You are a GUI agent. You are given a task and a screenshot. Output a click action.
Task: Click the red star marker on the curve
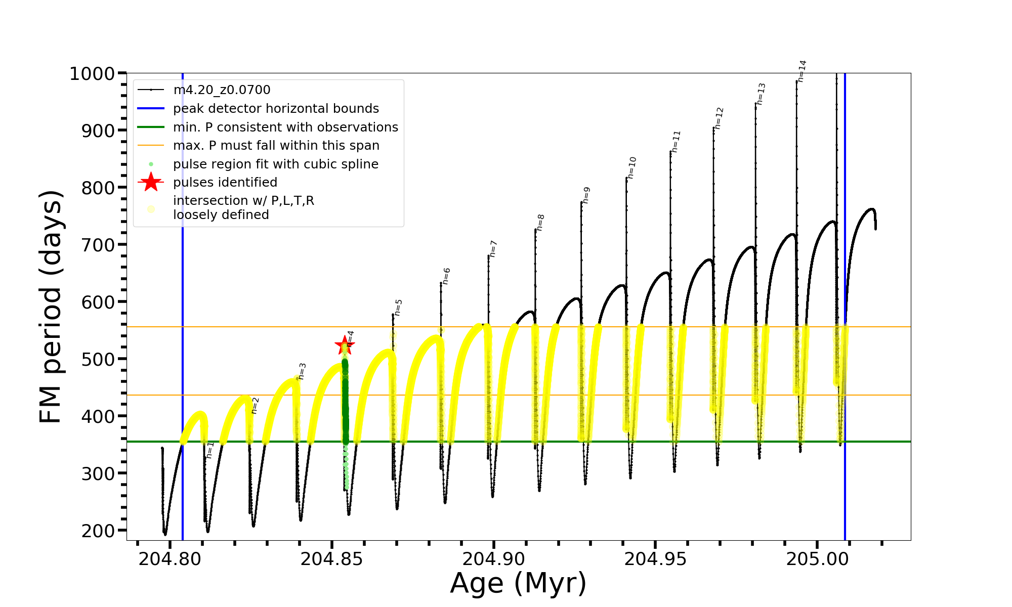(x=345, y=346)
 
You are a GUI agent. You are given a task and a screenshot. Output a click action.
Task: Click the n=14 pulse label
(x=802, y=71)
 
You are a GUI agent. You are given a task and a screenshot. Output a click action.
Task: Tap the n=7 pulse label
(x=493, y=249)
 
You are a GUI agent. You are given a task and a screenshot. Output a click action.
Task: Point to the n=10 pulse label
(x=631, y=168)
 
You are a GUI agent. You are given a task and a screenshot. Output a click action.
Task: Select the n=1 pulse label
(x=210, y=450)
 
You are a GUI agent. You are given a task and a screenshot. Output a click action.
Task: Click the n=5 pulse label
(x=398, y=308)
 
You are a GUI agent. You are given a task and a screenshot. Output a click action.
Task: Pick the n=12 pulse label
(x=719, y=118)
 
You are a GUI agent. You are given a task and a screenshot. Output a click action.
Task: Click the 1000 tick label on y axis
(x=92, y=74)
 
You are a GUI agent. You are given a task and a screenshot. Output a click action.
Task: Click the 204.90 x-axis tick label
(x=493, y=559)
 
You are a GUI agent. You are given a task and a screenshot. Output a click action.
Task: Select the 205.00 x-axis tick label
(x=817, y=559)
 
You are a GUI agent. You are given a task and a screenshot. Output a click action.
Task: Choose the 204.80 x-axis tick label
(x=170, y=559)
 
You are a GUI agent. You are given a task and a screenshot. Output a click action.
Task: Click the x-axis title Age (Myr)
(x=518, y=583)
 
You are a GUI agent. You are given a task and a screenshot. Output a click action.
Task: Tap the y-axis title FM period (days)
(x=51, y=307)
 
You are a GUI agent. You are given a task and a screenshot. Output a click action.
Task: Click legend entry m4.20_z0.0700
(x=222, y=90)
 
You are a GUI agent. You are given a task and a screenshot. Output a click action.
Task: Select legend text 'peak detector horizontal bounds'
(x=276, y=109)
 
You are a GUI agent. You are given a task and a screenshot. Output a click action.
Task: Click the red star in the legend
(x=151, y=182)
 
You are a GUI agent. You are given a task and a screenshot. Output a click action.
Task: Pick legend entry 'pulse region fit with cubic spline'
(x=275, y=164)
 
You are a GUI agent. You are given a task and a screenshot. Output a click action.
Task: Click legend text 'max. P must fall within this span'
(x=276, y=146)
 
